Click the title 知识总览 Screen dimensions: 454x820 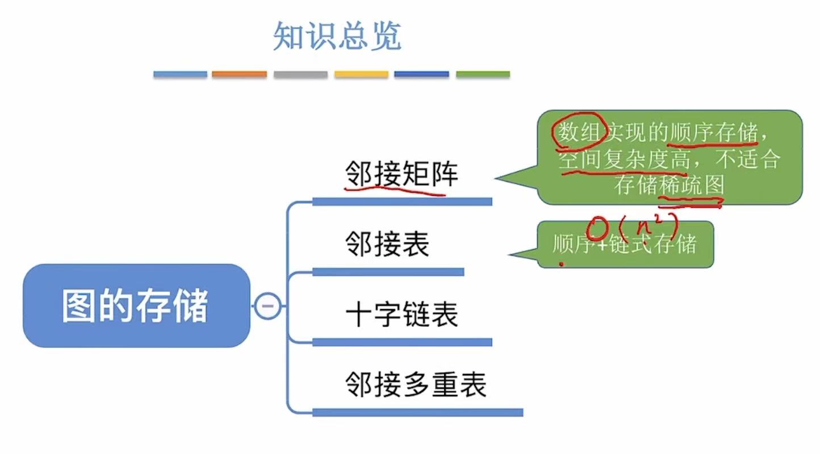coord(337,36)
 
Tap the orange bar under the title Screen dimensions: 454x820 coord(239,74)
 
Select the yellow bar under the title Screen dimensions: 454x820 coord(361,74)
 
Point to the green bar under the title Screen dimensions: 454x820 coord(483,74)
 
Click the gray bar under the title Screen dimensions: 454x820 coord(300,74)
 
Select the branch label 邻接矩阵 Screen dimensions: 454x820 coord(401,174)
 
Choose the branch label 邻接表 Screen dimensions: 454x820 coord(387,245)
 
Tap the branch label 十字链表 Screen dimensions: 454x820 coord(401,314)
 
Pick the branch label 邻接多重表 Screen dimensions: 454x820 coord(416,384)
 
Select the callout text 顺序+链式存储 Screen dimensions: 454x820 coord(624,245)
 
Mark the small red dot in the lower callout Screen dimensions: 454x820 coord(562,264)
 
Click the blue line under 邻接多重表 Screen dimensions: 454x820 coord(417,413)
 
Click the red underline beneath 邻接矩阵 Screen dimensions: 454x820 coord(395,190)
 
